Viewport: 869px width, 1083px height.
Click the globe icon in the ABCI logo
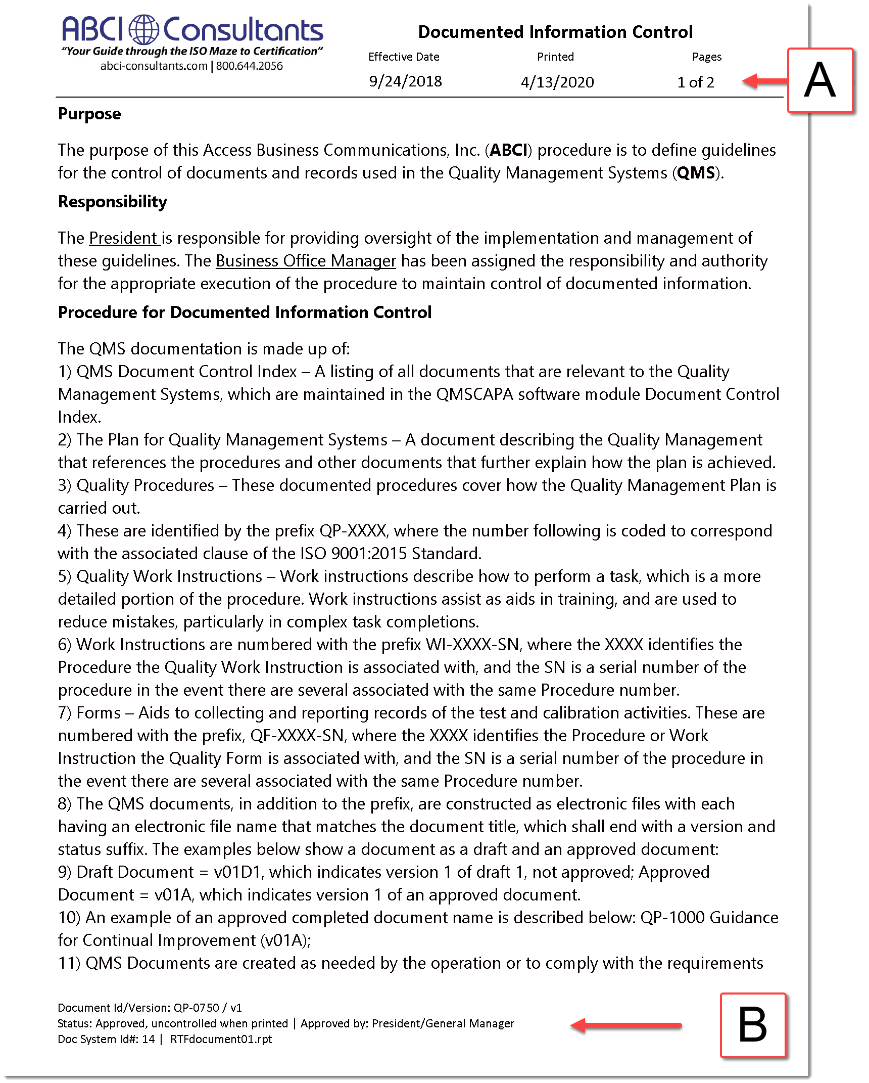(143, 29)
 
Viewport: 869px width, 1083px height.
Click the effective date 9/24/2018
(405, 81)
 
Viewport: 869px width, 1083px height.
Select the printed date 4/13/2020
(557, 82)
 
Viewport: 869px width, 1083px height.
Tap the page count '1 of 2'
(695, 82)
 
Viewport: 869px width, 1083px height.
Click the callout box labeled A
(819, 80)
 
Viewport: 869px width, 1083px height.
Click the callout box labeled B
(752, 1025)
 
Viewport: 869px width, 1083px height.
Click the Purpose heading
(89, 114)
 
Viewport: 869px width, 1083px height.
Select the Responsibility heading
(112, 202)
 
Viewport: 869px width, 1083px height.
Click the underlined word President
(123, 238)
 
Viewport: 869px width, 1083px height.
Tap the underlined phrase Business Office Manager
(306, 261)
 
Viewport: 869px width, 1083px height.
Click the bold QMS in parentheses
(696, 173)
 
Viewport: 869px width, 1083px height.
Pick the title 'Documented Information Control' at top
(555, 32)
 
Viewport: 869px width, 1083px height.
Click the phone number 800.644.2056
(250, 66)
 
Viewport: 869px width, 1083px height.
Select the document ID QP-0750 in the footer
(196, 1008)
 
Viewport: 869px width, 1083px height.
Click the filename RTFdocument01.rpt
(221, 1039)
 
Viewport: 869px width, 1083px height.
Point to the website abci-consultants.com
(154, 66)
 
